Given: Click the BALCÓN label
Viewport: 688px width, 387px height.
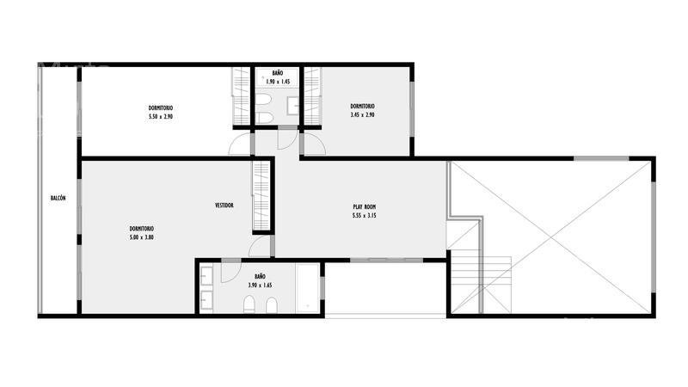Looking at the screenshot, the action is [58, 199].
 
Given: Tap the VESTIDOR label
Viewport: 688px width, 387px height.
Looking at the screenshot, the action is [224, 206].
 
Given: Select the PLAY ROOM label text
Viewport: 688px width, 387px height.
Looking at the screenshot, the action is [364, 206].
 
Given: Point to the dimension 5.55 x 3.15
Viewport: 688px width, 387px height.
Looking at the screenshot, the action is [364, 216].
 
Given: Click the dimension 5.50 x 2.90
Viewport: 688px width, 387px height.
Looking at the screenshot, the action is [161, 117].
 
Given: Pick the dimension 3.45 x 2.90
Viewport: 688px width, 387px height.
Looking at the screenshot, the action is [362, 115].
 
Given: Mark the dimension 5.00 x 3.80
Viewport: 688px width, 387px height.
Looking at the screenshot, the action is [141, 237].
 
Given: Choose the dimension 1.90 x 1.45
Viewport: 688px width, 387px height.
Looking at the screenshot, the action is [278, 82].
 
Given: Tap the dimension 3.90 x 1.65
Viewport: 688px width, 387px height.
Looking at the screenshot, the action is [260, 286].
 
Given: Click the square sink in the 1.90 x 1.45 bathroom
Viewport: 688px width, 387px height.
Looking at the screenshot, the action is [292, 106].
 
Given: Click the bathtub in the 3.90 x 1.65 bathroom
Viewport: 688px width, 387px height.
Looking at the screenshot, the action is [307, 288].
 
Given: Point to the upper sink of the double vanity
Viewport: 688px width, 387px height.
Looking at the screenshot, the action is [206, 275].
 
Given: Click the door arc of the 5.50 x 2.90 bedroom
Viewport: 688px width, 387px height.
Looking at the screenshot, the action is [239, 144].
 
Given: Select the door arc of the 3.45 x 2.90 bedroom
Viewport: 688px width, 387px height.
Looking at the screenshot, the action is [315, 144].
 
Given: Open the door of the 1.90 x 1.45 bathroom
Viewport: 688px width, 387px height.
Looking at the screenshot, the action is [286, 139].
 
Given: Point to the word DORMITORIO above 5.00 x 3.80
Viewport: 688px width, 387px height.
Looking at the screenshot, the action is [141, 229].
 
